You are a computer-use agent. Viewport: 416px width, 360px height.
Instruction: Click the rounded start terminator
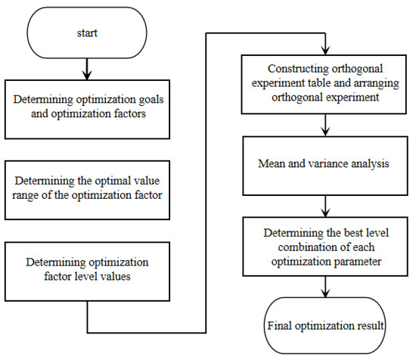point(89,33)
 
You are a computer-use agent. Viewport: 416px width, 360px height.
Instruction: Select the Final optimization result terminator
point(324,327)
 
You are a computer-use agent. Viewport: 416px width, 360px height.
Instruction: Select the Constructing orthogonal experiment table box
point(324,76)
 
